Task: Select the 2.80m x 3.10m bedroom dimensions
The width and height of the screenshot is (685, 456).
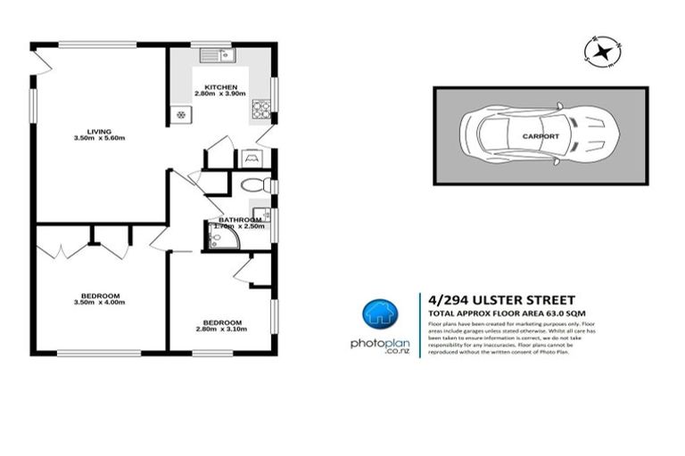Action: tap(221, 330)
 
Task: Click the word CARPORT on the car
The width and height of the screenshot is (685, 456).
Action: tap(541, 136)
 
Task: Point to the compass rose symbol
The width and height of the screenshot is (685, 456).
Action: tap(602, 51)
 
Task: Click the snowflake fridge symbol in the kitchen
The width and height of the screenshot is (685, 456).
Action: tap(180, 114)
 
